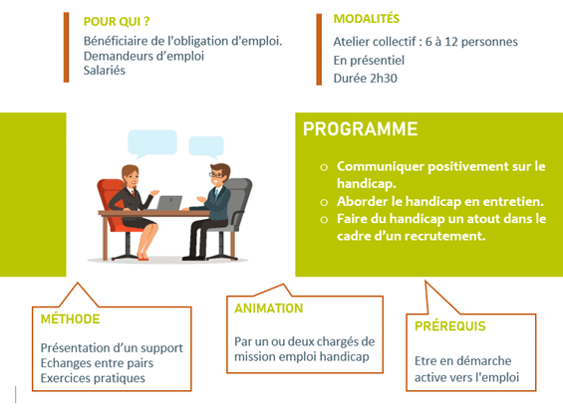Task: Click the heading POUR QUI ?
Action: point(117,22)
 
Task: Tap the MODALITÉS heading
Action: point(367,18)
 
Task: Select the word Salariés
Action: point(104,71)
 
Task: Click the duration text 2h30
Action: point(384,79)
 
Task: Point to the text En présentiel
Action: point(369,61)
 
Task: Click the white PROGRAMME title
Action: point(360,129)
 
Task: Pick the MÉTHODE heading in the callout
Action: point(70,318)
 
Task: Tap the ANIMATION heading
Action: point(269,308)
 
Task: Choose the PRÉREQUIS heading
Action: point(449,326)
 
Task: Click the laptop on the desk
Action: point(169,203)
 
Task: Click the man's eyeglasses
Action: point(216,175)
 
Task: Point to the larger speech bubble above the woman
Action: point(152,143)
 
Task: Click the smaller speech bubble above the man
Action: point(206,146)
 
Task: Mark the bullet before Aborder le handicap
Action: point(324,202)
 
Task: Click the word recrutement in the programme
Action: point(438,236)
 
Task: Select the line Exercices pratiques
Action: point(93,378)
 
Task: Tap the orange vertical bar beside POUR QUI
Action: point(66,48)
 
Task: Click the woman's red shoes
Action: point(142,257)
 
